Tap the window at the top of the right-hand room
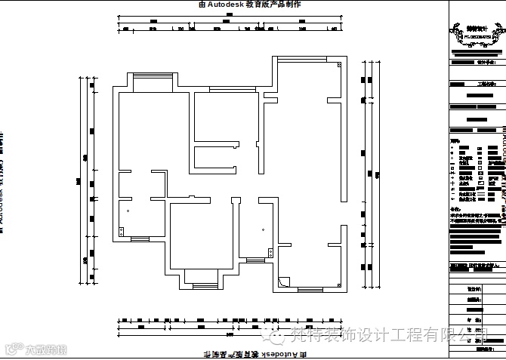click(309, 58)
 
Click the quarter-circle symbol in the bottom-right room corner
click(282, 282)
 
